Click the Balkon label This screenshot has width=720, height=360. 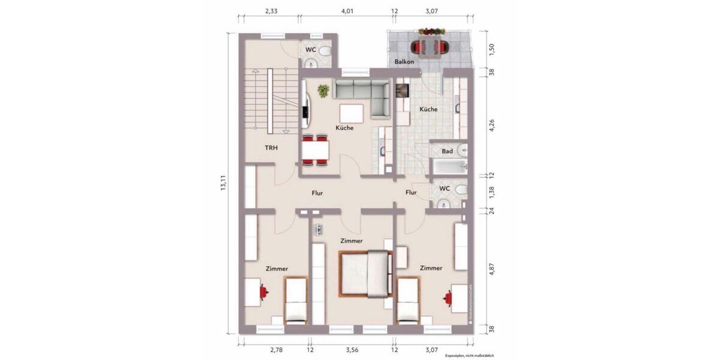point(404,62)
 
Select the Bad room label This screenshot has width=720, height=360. point(447,151)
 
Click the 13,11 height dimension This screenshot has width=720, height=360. point(223,183)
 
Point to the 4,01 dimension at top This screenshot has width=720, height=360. point(347,11)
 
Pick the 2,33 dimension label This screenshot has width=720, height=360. point(271,11)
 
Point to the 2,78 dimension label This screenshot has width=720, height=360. point(275,348)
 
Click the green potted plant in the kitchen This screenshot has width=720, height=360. point(323,91)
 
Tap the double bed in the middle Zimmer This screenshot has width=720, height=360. point(364,273)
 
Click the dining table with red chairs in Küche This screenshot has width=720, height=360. point(315,150)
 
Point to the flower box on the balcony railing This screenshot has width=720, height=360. point(431,31)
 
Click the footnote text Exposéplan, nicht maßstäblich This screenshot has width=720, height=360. point(469,356)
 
